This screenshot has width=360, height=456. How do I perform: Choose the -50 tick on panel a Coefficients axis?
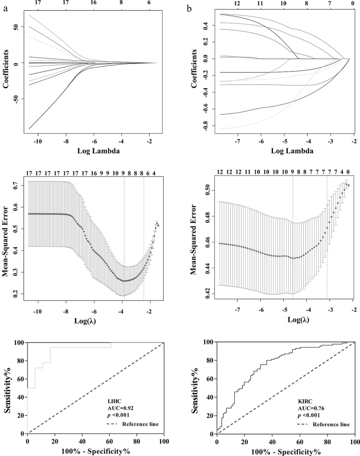pyautogui.click(x=15, y=99)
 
